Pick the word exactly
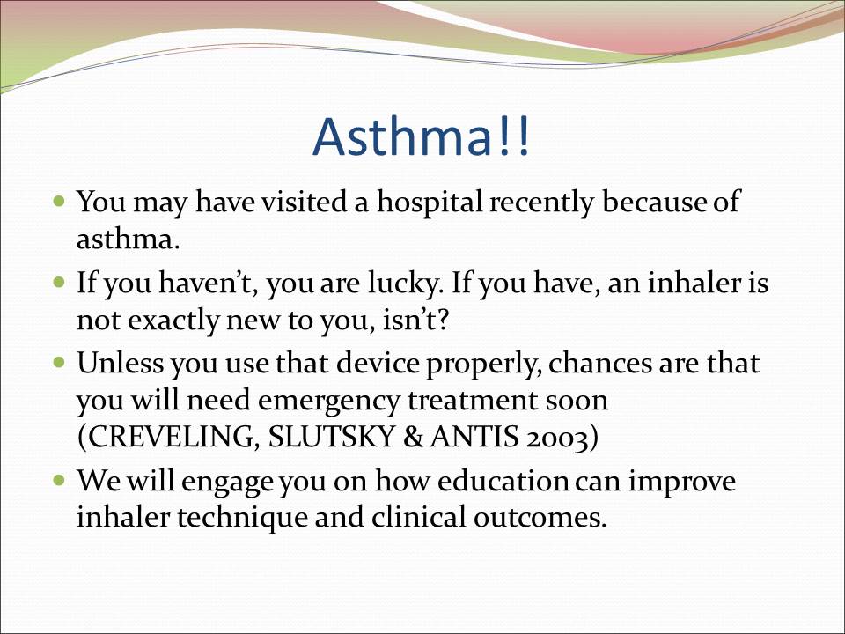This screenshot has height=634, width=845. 173,321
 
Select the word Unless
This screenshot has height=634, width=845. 120,363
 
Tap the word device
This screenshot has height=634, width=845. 378,363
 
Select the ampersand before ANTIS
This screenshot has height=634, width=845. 414,438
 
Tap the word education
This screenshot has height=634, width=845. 503,481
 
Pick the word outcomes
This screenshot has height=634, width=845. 540,518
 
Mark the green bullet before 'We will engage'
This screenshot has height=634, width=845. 59,479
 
